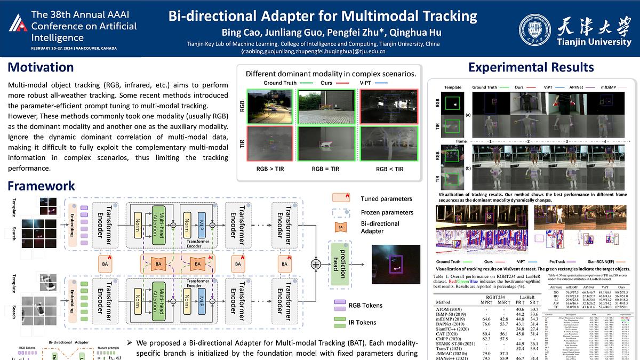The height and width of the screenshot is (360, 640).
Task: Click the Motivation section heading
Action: tap(41, 67)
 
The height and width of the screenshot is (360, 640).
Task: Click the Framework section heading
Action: tap(41, 186)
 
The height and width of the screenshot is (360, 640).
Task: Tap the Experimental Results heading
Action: tap(531, 67)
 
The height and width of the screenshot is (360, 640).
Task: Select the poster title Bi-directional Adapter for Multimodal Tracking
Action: tap(323, 16)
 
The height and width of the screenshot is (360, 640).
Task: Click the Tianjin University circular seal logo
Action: tap(535, 30)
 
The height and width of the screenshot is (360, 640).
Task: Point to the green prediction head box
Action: tap(340, 262)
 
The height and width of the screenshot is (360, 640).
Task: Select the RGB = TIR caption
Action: tap(326, 169)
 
